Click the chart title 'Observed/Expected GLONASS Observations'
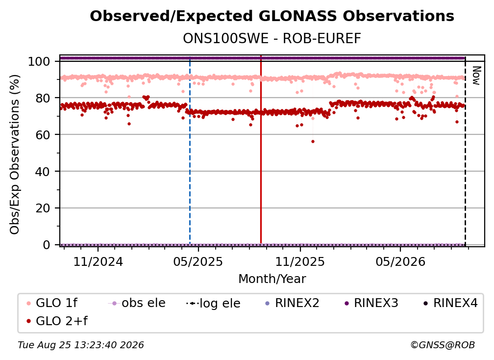pyautogui.click(x=272, y=16)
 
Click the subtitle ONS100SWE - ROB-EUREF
pyautogui.click(x=272, y=39)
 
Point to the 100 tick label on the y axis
pyautogui.click(x=39, y=61)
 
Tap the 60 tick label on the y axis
pyautogui.click(x=43, y=135)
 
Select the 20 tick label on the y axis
pyautogui.click(x=43, y=208)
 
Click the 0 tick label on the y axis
pyautogui.click(x=46, y=245)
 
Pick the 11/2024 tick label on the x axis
pyautogui.click(x=98, y=261)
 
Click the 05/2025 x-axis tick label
pyautogui.click(x=198, y=261)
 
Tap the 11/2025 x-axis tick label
pyautogui.click(x=300, y=261)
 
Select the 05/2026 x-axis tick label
pyautogui.click(x=400, y=261)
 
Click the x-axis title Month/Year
pyautogui.click(x=272, y=279)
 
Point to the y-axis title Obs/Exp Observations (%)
pyautogui.click(x=15, y=154)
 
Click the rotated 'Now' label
pyautogui.click(x=476, y=76)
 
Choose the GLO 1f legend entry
pyautogui.click(x=52, y=303)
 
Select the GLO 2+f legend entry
pyautogui.click(x=57, y=321)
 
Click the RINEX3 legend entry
pyautogui.click(x=371, y=303)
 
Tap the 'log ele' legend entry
pyautogui.click(x=213, y=304)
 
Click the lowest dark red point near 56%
pyautogui.click(x=313, y=142)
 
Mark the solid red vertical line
pyautogui.click(x=261, y=150)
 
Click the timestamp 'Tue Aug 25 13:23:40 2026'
pyautogui.click(x=81, y=345)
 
